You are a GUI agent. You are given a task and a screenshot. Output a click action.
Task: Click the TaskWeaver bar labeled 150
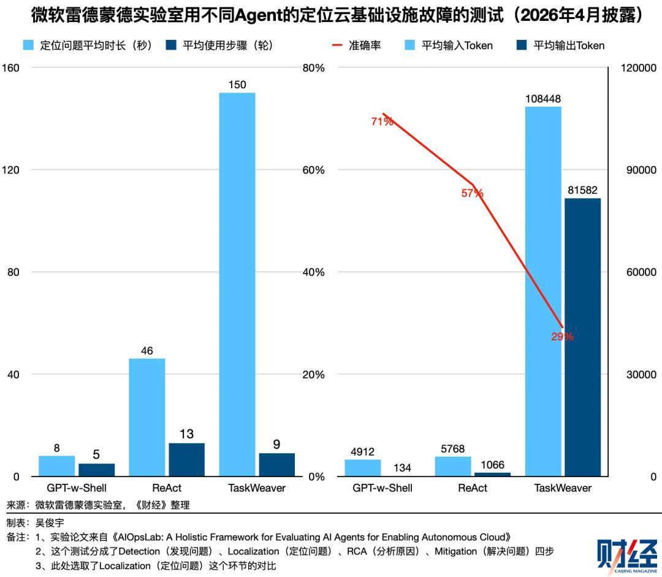[x=237, y=285]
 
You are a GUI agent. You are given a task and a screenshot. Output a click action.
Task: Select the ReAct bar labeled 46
[x=147, y=418]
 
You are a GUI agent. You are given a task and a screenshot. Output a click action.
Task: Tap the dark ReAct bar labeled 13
[x=186, y=459]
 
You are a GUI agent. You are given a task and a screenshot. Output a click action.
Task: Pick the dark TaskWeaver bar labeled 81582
[x=583, y=337]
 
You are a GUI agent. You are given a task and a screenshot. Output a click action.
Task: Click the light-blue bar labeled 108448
[x=543, y=291]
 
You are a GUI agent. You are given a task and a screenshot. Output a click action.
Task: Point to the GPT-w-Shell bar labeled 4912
[x=363, y=468]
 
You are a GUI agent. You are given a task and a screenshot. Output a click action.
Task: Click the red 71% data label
[x=382, y=121]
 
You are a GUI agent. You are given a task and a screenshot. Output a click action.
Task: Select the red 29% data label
[x=562, y=337]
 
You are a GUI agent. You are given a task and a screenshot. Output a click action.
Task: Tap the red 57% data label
[x=472, y=194]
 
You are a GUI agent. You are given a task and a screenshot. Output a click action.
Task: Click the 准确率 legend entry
[x=357, y=45]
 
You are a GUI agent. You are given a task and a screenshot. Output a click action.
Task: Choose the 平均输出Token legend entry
[x=561, y=45]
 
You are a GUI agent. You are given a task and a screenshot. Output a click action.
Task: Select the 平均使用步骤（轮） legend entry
[x=219, y=45]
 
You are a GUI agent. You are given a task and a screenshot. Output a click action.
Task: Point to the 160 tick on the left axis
[x=11, y=67]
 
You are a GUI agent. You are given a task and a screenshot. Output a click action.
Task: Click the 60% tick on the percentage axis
[x=313, y=170]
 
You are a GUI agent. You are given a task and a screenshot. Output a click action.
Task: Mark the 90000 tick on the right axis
[x=641, y=170]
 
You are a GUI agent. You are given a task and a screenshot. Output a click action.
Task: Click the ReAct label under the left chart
[x=167, y=488]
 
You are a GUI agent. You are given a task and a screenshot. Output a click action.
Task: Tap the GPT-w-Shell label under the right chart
[x=382, y=488]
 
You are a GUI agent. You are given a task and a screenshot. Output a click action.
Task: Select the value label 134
[x=402, y=468]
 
